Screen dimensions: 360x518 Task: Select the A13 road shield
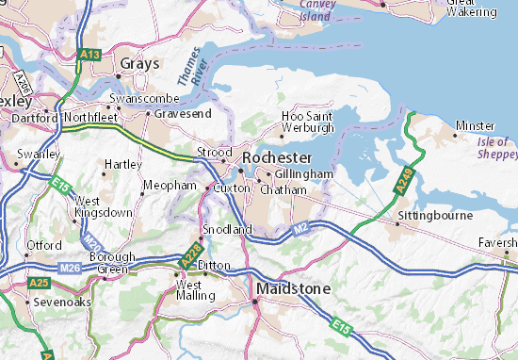90,55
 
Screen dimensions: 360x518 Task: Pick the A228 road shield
188,254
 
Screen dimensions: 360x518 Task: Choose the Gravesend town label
178,112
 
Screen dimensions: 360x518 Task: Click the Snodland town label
229,229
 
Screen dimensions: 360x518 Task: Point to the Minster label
474,124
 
